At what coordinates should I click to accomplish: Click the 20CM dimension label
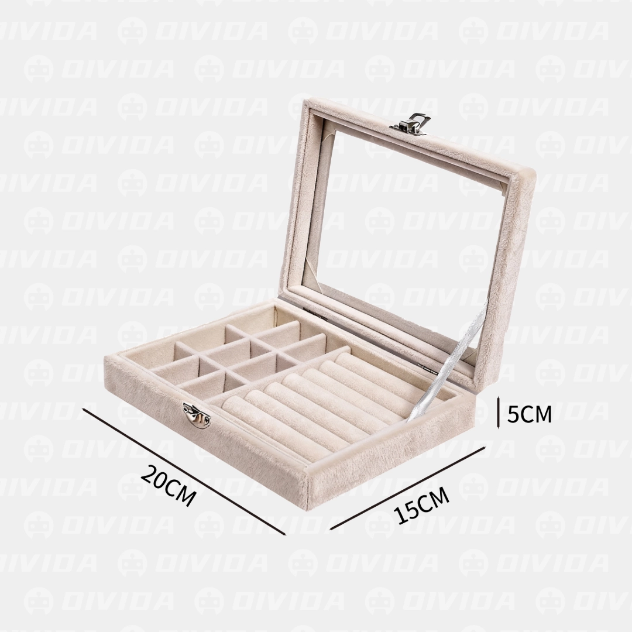pos(169,486)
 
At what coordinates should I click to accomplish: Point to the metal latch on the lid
pos(410,123)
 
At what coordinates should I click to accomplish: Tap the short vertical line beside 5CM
pos(499,413)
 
